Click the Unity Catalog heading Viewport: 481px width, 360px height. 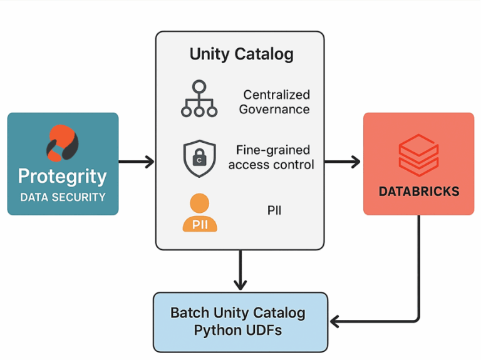[x=241, y=54]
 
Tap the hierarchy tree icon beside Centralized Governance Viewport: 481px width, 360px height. [x=199, y=99]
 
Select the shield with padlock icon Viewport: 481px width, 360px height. [x=199, y=159]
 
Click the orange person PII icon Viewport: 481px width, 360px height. [x=200, y=213]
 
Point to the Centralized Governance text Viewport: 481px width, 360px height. [x=276, y=102]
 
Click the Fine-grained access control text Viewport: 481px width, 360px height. [x=271, y=157]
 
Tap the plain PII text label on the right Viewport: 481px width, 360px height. [x=274, y=210]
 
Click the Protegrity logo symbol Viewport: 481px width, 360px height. [x=62, y=143]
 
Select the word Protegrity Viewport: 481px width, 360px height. [x=62, y=176]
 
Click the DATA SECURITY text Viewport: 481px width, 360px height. [x=63, y=197]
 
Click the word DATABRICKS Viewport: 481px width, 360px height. [x=418, y=192]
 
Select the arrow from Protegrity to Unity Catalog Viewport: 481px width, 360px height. [x=137, y=162]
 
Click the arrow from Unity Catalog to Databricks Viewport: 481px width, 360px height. [x=343, y=162]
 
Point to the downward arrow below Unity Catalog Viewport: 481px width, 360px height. [x=240, y=270]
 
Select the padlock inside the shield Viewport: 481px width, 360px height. [x=199, y=159]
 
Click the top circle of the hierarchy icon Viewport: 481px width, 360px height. [x=199, y=86]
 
